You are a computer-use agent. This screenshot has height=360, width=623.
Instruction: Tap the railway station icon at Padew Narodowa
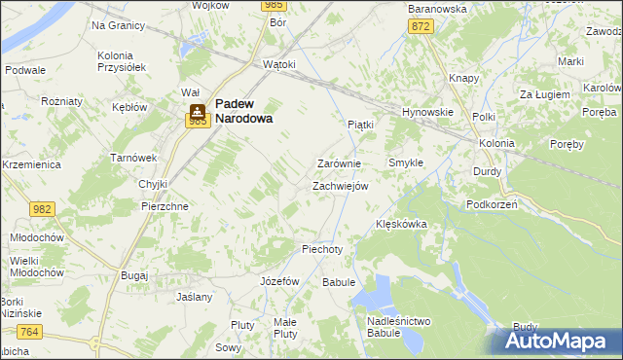click(198, 110)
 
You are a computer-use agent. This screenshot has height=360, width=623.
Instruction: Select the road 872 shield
click(421, 26)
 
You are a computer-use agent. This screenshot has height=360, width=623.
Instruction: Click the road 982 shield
click(42, 209)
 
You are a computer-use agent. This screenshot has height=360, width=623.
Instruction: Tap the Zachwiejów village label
click(340, 186)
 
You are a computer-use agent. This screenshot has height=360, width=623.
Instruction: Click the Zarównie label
click(340, 164)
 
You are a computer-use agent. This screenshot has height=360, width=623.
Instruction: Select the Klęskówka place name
click(402, 224)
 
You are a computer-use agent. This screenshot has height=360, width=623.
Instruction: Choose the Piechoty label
click(322, 249)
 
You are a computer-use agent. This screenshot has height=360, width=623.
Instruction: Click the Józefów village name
click(279, 280)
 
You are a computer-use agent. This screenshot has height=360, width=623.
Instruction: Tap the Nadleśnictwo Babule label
click(399, 327)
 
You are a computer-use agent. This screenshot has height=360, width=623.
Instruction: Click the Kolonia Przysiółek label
click(122, 61)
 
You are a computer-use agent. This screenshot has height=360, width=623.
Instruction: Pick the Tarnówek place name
click(133, 158)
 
